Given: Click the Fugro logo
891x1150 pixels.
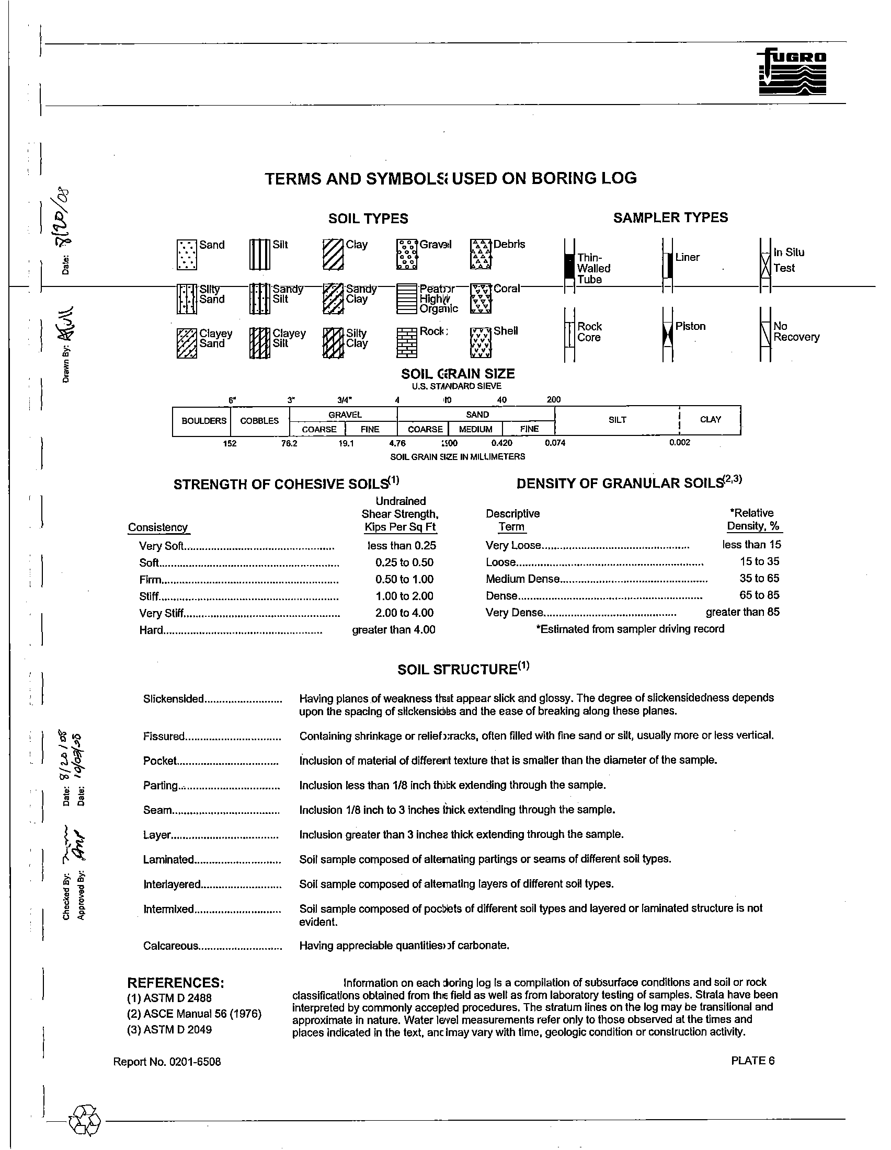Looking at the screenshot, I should click(x=792, y=73).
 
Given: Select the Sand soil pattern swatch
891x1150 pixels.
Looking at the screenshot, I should click(x=187, y=256).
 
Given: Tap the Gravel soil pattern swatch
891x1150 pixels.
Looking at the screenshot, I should click(x=406, y=255).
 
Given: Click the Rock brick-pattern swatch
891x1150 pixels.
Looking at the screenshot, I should click(x=406, y=343).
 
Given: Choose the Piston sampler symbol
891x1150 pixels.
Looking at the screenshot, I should click(x=668, y=335).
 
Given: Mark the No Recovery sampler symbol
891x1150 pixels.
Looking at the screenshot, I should click(x=766, y=335).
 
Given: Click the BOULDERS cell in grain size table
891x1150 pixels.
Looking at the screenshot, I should click(x=204, y=421).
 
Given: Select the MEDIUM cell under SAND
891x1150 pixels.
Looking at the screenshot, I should click(x=475, y=429).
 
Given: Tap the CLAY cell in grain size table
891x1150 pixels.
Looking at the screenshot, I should click(x=711, y=420).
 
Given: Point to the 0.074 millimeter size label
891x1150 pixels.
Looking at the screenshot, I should click(x=555, y=443).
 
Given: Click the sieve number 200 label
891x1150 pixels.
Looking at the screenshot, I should click(x=553, y=400).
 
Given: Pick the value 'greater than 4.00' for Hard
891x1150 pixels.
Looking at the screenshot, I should click(x=393, y=630).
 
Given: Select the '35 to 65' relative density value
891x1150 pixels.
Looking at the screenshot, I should click(x=759, y=578).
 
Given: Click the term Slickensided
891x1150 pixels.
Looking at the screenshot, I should click(x=173, y=699).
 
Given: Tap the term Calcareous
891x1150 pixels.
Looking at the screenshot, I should click(x=170, y=946).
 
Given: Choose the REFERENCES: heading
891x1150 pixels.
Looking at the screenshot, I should click(x=176, y=983).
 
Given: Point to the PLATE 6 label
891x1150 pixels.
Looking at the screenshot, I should click(x=752, y=1061).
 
